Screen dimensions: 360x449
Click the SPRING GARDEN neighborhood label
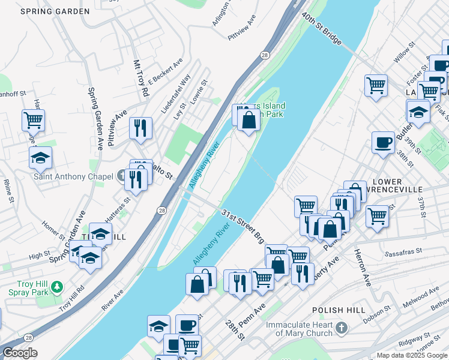[x=55, y=11]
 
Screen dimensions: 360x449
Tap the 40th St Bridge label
[x=322, y=29]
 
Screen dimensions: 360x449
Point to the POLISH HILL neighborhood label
[x=339, y=310]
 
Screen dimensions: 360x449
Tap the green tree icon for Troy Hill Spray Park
[x=57, y=287]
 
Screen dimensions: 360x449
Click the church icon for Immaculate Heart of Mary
[x=341, y=328]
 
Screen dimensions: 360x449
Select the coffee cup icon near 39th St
[x=383, y=142]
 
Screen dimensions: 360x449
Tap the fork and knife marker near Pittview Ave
[x=140, y=127]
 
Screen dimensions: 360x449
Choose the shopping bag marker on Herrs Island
[x=249, y=119]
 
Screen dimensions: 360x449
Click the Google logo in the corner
[x=20, y=353]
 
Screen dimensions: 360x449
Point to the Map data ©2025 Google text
[x=412, y=355]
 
